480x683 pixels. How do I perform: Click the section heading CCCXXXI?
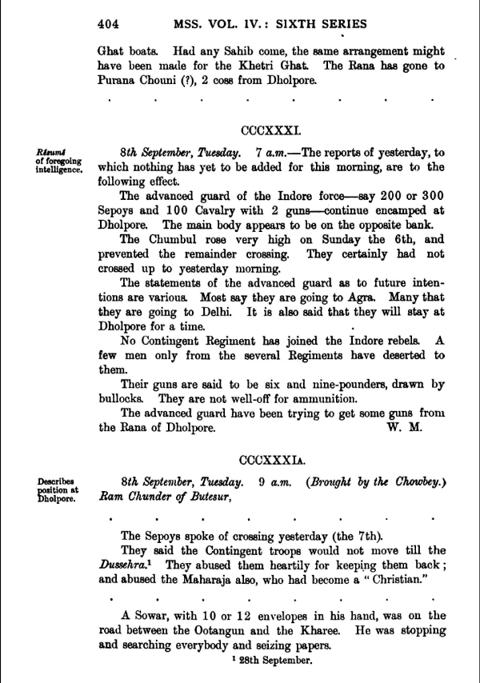point(270,128)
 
